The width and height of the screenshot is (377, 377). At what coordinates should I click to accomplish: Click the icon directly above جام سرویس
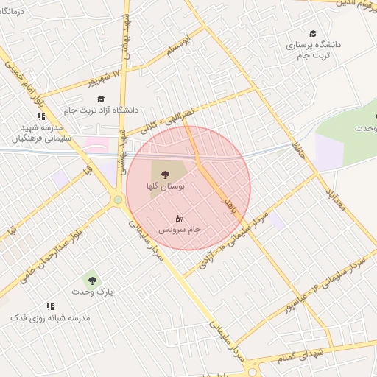click(x=179, y=218)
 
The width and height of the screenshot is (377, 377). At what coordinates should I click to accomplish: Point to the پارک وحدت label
click(x=93, y=292)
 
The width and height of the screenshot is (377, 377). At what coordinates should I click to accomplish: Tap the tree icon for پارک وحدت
click(x=91, y=280)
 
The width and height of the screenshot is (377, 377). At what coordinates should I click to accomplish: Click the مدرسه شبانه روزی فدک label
click(x=49, y=318)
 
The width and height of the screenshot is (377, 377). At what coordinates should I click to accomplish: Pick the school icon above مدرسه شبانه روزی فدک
click(x=50, y=306)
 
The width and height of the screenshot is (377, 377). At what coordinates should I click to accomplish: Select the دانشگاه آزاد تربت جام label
click(x=129, y=110)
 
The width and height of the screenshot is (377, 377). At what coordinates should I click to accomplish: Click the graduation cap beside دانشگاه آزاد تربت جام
click(x=101, y=99)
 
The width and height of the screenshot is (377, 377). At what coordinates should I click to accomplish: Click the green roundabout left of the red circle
click(x=118, y=199)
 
